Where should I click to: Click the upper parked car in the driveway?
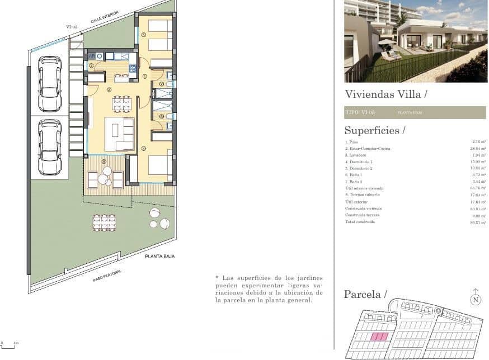pyautogui.click(x=50, y=83)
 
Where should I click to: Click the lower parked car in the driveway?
pyautogui.click(x=50, y=147)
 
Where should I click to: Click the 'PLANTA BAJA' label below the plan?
pyautogui.click(x=160, y=256)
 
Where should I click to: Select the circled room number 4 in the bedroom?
pyautogui.click(x=144, y=149)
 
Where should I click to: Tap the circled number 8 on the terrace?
pyautogui.click(x=104, y=162)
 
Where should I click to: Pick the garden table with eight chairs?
pyautogui.click(x=104, y=222)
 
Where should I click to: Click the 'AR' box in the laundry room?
pyautogui.click(x=91, y=56)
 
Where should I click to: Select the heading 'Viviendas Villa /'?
pyautogui.click(x=386, y=94)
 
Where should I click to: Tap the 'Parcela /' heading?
pyautogui.click(x=366, y=294)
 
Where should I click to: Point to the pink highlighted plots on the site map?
pyautogui.click(x=380, y=337)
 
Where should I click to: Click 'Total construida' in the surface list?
pyautogui.click(x=360, y=222)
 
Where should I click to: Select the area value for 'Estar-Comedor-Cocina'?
pyautogui.click(x=477, y=149)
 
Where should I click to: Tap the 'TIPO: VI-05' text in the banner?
pyautogui.click(x=360, y=113)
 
